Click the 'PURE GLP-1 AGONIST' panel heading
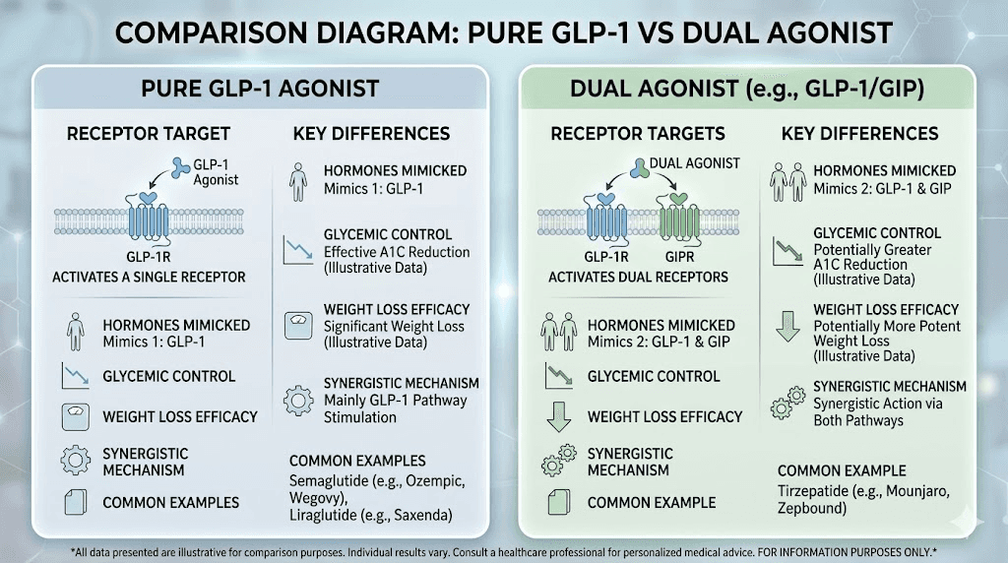pyautogui.click(x=262, y=89)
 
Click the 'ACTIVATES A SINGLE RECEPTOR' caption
pyautogui.click(x=149, y=277)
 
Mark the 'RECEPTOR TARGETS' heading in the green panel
pyautogui.click(x=638, y=134)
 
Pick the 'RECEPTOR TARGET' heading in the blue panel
pyautogui.click(x=149, y=134)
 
